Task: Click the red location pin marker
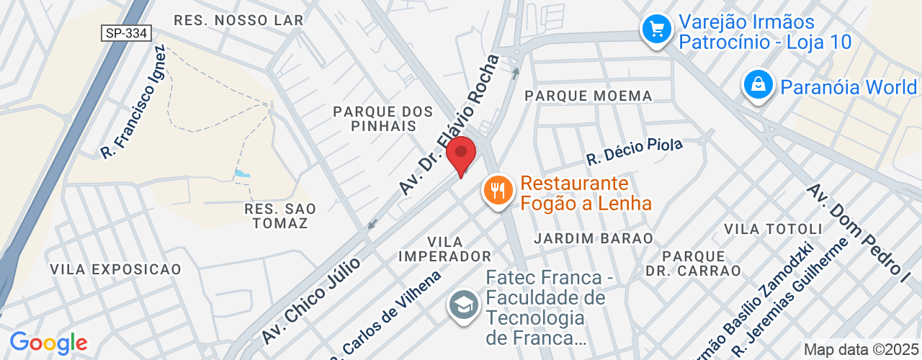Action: point(462,155)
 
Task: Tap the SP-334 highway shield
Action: point(125,33)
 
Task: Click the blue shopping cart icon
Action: point(657,30)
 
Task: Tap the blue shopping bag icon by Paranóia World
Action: point(759,84)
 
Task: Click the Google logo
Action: point(48,343)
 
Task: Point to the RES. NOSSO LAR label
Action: point(238,20)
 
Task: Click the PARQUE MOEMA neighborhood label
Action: point(588,96)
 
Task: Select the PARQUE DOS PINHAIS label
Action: point(382,119)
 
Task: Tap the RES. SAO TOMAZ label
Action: point(276,216)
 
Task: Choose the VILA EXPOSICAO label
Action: point(115,269)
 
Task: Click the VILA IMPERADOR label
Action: point(444,248)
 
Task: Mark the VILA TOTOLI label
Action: point(773,229)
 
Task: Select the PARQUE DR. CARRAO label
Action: point(702,264)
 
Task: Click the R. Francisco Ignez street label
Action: point(134,102)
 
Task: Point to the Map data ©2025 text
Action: point(861,350)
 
